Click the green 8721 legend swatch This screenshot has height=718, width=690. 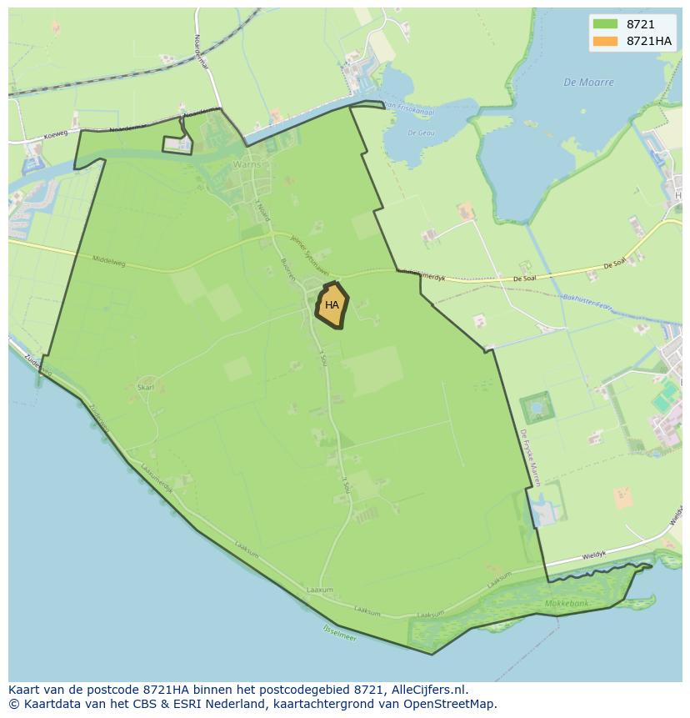[605, 25]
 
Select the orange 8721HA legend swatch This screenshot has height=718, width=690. [605, 41]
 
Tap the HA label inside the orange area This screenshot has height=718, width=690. [332, 305]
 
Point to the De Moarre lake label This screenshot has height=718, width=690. [588, 83]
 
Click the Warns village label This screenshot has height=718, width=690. [247, 164]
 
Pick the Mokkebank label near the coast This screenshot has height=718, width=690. [567, 603]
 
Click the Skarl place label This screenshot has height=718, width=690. [146, 388]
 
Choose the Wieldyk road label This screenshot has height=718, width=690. [595, 554]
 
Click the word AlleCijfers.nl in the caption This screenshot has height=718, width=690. [427, 690]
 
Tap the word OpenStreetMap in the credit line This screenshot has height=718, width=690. [451, 704]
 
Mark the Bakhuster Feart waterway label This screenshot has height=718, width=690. [588, 303]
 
